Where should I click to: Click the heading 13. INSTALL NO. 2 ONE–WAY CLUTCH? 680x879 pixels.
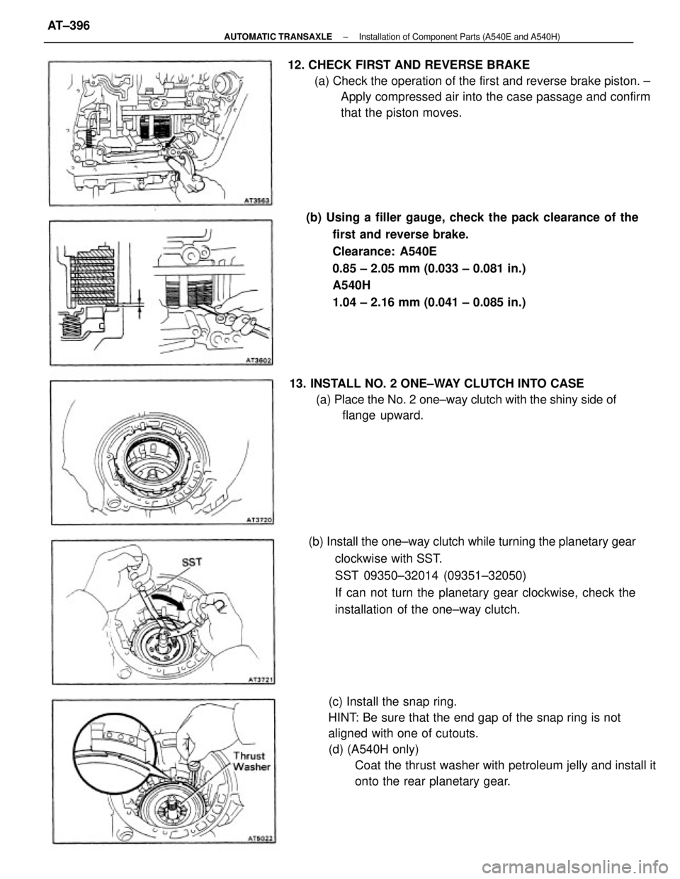(x=436, y=384)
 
